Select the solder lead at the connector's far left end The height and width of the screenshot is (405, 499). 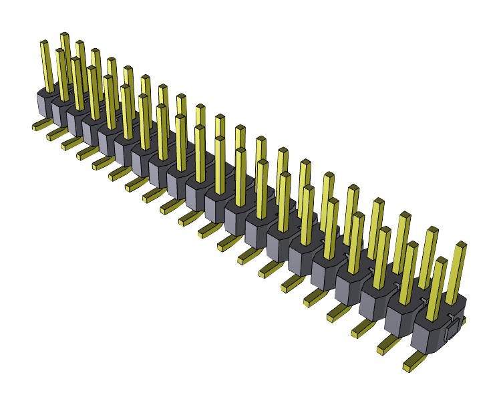coord(39,125)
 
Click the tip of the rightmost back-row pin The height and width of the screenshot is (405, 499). coord(460,247)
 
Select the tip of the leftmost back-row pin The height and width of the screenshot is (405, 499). coord(65,35)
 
